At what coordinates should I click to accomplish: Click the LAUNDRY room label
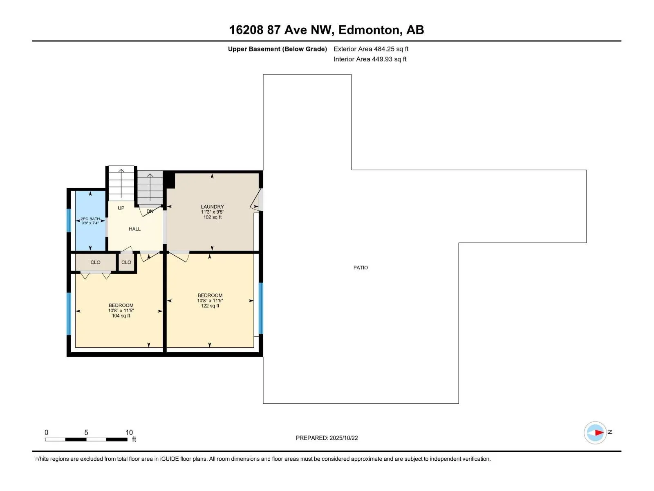212,207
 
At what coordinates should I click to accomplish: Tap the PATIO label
361,268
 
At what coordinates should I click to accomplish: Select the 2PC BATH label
90,219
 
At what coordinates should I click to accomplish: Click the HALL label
134,229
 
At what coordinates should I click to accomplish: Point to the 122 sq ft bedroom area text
210,306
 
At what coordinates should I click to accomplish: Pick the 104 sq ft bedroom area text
121,316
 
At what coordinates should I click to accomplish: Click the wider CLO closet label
95,262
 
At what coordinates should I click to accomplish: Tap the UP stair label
121,208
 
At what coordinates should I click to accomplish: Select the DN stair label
150,212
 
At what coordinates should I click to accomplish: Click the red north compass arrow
599,432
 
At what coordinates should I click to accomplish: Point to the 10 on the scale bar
129,432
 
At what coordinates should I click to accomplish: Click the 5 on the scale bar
86,432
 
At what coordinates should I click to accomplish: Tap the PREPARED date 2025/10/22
343,438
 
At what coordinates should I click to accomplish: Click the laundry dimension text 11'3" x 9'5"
213,212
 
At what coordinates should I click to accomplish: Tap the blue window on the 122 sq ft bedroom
261,308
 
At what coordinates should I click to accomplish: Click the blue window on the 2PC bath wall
69,220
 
